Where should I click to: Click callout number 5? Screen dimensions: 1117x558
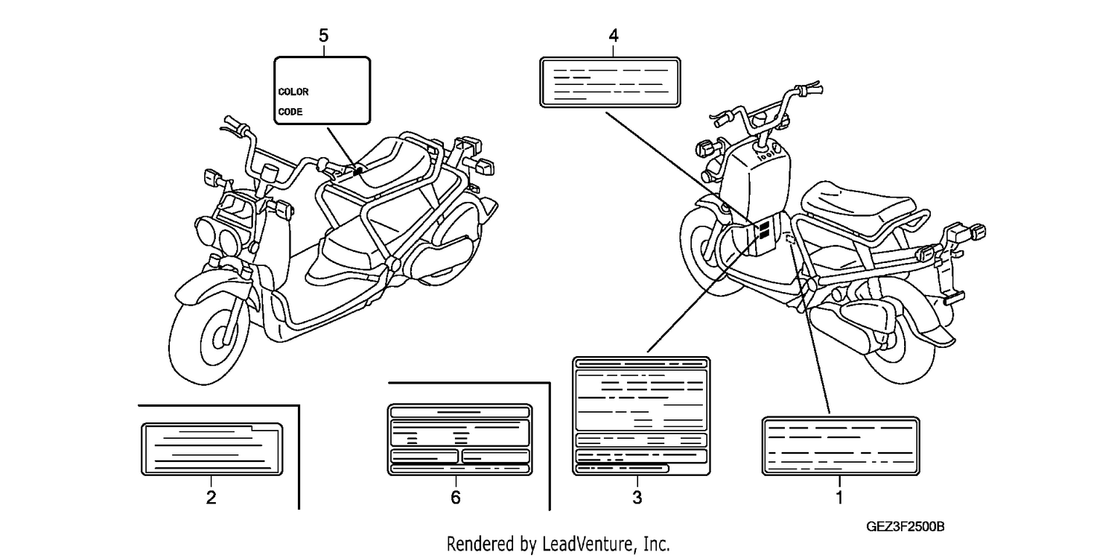[324, 36]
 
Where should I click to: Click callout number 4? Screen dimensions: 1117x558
[614, 36]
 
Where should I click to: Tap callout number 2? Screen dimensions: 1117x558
[211, 497]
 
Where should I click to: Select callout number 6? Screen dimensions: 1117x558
[455, 497]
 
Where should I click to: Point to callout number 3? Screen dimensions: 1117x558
[637, 497]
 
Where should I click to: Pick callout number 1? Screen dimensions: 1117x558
[840, 497]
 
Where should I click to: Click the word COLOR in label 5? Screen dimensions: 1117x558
[293, 92]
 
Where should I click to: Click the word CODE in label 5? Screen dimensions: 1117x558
[290, 112]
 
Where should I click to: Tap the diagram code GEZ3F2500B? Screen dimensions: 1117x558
[905, 527]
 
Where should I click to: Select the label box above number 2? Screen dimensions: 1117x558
[212, 449]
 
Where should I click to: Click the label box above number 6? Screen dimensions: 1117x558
[459, 440]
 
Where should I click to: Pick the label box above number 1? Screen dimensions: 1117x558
[841, 446]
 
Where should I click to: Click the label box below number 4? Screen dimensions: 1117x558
[610, 82]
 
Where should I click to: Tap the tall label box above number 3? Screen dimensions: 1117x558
[641, 416]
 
